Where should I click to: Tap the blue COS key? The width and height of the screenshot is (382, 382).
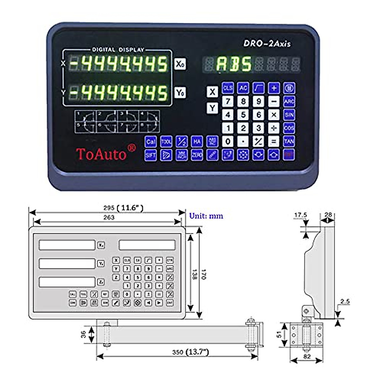[289, 128]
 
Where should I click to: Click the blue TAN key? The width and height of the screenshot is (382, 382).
[289, 141]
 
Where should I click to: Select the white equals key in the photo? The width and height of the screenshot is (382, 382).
[273, 141]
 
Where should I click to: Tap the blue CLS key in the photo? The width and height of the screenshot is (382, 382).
[228, 88]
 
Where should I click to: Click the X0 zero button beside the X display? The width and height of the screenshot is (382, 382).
[180, 64]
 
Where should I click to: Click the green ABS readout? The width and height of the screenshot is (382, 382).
[234, 64]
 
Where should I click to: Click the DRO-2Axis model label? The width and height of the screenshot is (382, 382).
[267, 44]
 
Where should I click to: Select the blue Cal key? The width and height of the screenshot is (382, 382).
[151, 142]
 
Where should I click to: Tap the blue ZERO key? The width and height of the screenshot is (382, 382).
[197, 155]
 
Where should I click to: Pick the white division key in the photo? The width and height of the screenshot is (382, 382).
[273, 128]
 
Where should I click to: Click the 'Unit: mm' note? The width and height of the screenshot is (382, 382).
[206, 216]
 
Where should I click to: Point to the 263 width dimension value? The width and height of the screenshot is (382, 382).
[109, 217]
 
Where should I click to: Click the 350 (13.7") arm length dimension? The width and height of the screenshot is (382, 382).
[191, 352]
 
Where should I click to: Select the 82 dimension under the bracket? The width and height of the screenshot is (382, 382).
[307, 357]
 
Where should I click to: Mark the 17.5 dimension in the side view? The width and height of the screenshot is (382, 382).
[301, 215]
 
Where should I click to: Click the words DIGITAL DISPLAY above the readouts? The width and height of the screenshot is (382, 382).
[118, 50]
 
